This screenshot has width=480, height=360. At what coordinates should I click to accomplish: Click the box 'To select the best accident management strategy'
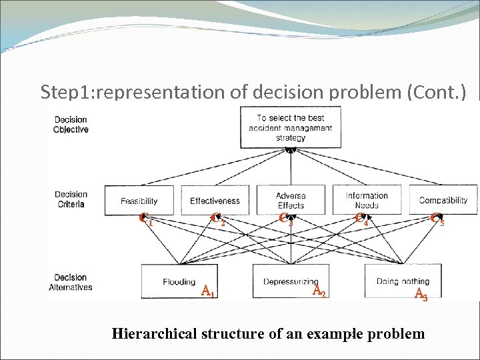[291, 127]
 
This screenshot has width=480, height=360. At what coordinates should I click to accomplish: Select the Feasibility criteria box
[139, 200]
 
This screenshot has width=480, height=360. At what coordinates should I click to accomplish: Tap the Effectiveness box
[215, 200]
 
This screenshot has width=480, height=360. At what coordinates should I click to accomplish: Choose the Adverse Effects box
[291, 200]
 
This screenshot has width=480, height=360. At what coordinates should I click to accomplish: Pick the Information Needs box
[367, 200]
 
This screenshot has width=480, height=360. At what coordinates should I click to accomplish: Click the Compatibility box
[443, 200]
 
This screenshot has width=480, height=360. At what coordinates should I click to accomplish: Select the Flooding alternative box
[179, 281]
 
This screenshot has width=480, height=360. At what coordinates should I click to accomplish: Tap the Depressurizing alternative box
[291, 281]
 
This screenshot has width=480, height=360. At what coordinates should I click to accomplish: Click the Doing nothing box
[403, 281]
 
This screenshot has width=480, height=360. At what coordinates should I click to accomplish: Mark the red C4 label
[361, 219]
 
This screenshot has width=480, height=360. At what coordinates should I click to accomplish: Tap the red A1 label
[207, 291]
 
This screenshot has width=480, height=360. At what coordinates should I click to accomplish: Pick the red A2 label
[319, 291]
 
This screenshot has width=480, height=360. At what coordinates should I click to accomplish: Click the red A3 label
[421, 293]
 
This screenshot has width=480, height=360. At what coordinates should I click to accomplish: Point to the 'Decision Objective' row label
[71, 125]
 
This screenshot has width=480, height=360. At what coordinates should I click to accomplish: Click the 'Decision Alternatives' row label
[71, 283]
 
